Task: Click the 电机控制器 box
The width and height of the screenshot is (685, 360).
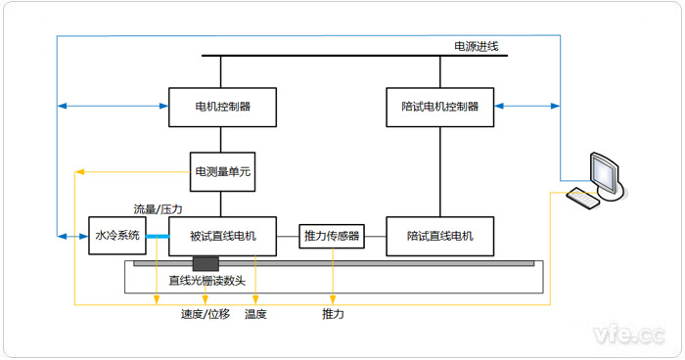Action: pos(222,107)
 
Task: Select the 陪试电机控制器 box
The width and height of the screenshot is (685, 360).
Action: pos(440,107)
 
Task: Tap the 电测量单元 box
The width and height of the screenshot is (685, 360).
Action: pos(222,171)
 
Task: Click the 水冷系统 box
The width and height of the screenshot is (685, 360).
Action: pos(116,236)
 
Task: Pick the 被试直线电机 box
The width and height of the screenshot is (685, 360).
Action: pos(222,236)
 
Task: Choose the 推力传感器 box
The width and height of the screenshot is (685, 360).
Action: pos(332,236)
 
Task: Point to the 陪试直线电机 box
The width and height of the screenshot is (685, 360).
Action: pos(440,236)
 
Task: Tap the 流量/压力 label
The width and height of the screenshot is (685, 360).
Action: pos(158,209)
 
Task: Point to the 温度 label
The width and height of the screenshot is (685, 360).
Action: pos(255,314)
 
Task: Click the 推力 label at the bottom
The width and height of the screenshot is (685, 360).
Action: pos(333,314)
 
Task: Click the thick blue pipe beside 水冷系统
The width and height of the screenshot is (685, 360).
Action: pos(157,236)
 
